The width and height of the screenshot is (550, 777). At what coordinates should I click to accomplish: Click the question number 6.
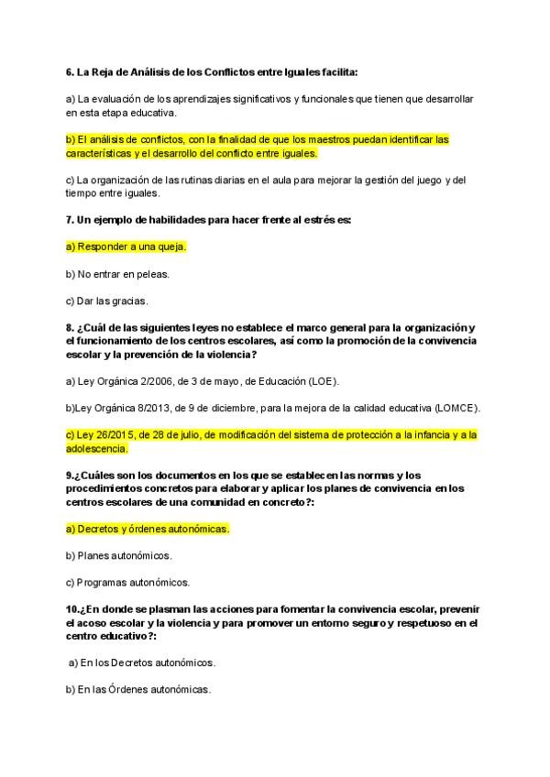coord(70,71)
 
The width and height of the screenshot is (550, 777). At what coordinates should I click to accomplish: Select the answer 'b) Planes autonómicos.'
coord(119,555)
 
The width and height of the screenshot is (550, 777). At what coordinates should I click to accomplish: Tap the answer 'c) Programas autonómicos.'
coord(127,582)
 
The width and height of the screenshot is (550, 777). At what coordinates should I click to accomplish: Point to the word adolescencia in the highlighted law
coord(96,448)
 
